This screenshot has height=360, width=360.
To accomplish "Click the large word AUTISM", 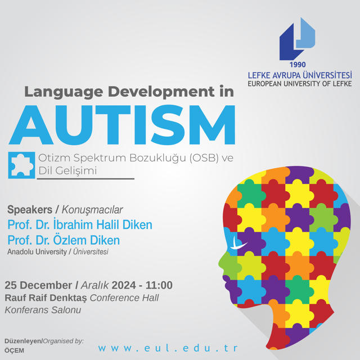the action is click(x=122, y=125).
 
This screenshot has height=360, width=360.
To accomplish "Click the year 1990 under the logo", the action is click(x=298, y=65).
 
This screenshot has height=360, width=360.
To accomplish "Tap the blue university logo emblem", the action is click(x=297, y=39).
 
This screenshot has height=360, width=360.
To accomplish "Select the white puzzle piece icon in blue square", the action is click(x=21, y=165).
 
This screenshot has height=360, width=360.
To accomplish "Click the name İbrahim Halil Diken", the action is click(x=102, y=224).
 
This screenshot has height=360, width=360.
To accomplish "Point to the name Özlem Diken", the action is click(x=86, y=240).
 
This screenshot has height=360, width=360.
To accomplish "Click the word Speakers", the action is click(x=30, y=210).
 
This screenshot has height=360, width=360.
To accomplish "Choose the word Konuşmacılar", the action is click(x=92, y=210).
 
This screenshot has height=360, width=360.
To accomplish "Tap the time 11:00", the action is click(x=159, y=285).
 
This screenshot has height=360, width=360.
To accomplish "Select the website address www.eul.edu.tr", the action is click(x=168, y=348).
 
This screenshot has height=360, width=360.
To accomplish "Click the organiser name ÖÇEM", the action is click(x=14, y=350).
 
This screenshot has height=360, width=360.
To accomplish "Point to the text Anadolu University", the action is click(x=37, y=252).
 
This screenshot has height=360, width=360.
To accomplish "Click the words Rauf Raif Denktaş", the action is click(x=46, y=298).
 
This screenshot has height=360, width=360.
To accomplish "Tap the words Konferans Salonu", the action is click(x=43, y=310).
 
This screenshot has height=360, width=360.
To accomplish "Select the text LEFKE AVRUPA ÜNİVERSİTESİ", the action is click(x=300, y=75).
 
